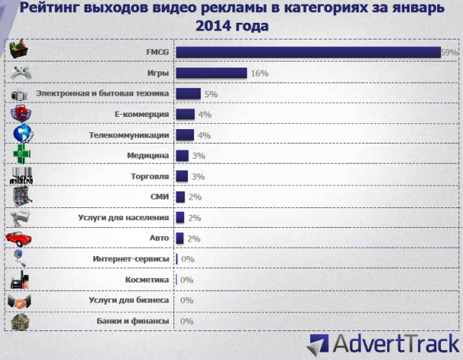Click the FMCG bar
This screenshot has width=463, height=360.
308,52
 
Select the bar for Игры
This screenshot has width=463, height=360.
211,73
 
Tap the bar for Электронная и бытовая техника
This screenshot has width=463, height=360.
188,93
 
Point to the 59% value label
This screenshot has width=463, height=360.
449,52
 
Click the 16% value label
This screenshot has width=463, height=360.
259,74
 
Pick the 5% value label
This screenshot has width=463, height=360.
211,94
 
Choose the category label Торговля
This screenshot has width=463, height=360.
149,176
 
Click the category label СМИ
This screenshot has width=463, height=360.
160,197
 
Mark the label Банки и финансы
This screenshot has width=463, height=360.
132,321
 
